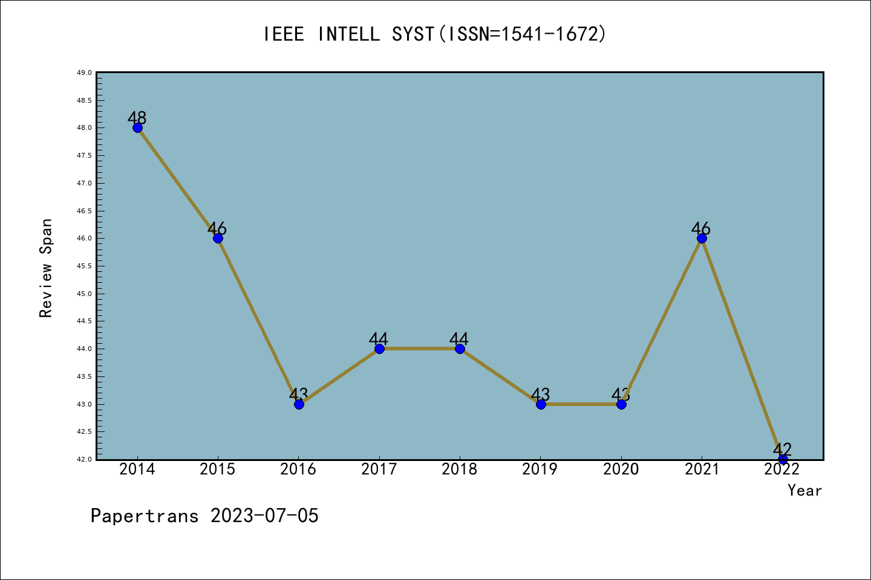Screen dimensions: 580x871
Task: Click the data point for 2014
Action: tap(137, 127)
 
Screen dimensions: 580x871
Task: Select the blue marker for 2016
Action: tap(299, 404)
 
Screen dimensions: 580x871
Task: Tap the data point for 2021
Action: tap(702, 238)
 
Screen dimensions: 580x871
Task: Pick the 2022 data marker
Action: tap(783, 459)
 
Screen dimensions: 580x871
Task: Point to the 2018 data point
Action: tap(460, 349)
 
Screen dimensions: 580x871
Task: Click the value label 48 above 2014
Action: tap(137, 117)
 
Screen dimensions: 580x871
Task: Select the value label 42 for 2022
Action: tap(782, 449)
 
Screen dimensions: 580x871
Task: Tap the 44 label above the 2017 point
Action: tap(379, 338)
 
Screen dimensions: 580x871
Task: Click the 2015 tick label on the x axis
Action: tap(218, 469)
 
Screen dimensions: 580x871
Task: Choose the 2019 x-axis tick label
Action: tap(540, 469)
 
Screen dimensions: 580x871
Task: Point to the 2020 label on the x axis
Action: tap(621, 469)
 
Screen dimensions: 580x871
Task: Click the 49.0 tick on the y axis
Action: tap(84, 73)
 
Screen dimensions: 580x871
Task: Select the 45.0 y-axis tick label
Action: tap(84, 294)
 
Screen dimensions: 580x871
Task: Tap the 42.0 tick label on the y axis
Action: tap(84, 459)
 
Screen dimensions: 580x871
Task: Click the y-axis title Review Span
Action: tap(46, 268)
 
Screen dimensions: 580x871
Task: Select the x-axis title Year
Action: tap(804, 490)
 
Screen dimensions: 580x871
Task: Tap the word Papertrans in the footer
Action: tap(145, 515)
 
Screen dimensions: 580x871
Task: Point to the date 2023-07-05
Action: tap(264, 515)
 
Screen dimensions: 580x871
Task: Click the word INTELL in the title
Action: tap(349, 34)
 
